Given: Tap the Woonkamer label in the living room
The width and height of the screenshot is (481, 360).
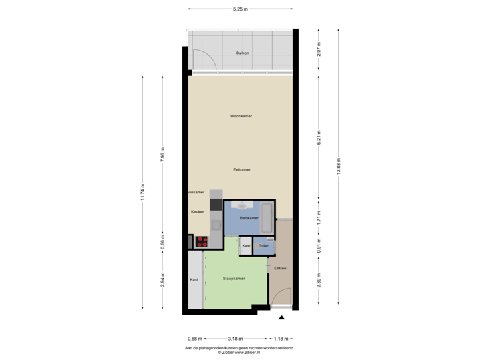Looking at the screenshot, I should [240, 116].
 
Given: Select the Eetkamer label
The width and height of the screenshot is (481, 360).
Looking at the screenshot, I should [241, 170].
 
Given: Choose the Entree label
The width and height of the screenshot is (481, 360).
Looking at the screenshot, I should [280, 268].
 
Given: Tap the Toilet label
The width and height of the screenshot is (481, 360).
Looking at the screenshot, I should [264, 246].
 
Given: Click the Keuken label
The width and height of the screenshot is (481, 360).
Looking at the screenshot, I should [197, 211].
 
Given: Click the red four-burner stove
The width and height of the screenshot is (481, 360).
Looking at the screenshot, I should [201, 242].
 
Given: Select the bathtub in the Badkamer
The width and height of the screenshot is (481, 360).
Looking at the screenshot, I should [266, 216].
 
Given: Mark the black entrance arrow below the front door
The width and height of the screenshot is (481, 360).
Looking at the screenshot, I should [281, 317].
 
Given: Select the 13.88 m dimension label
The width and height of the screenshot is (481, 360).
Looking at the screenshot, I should [339, 170].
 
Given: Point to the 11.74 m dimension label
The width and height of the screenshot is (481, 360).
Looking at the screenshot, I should [142, 191].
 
